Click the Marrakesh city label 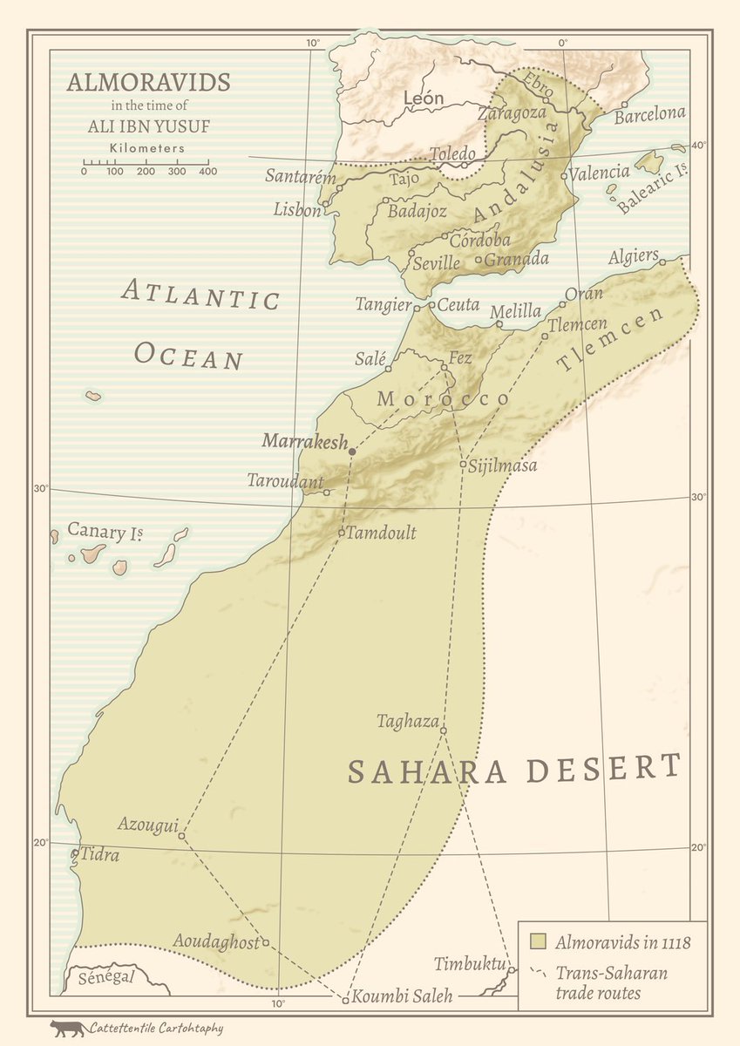point(304,440)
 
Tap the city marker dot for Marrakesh point(352,452)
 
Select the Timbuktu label point(470,963)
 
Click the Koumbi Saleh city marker point(345,1000)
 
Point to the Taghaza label point(407,721)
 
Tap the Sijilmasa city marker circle point(463,464)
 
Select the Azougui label point(146,825)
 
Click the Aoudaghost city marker point(266,941)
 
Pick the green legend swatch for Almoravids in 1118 point(539,941)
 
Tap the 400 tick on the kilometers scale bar point(207,171)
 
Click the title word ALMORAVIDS point(148,83)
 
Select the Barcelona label point(649,114)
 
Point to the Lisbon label point(296,209)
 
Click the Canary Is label point(105,530)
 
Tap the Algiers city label point(633,255)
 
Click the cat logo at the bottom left point(67,1029)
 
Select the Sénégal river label point(106,977)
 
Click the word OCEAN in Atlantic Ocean point(187,356)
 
